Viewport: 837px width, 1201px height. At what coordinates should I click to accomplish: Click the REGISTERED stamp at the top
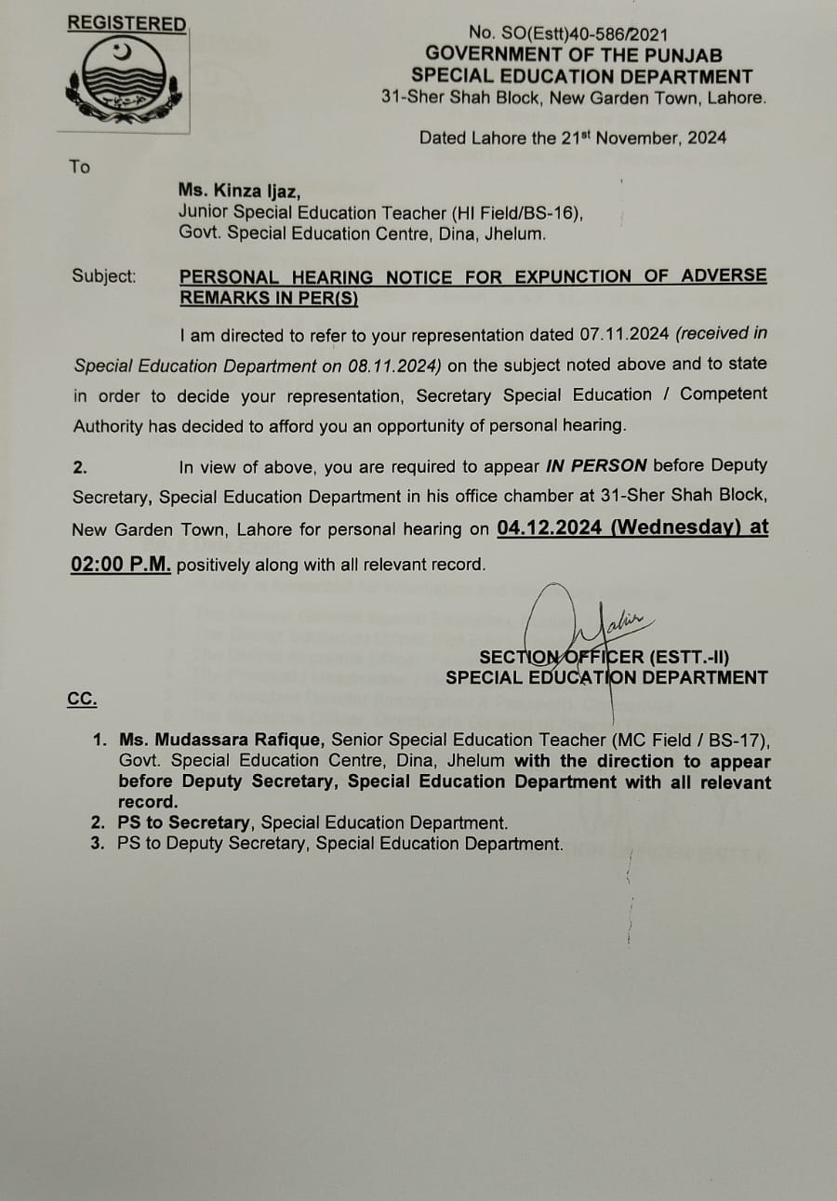tap(126, 24)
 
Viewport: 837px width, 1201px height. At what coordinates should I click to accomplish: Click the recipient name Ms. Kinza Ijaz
tap(239, 192)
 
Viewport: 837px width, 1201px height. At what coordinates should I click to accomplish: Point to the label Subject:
tap(103, 276)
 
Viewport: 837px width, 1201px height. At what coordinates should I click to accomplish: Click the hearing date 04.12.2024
tap(550, 527)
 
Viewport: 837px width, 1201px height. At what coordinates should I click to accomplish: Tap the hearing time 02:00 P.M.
tap(121, 564)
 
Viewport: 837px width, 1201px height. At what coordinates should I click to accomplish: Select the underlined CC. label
tap(82, 699)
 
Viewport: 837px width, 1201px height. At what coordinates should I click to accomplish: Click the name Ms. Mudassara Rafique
tap(220, 740)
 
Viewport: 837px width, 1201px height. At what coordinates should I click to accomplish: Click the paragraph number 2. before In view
tap(80, 467)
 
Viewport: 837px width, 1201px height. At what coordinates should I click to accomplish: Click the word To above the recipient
tap(79, 167)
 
